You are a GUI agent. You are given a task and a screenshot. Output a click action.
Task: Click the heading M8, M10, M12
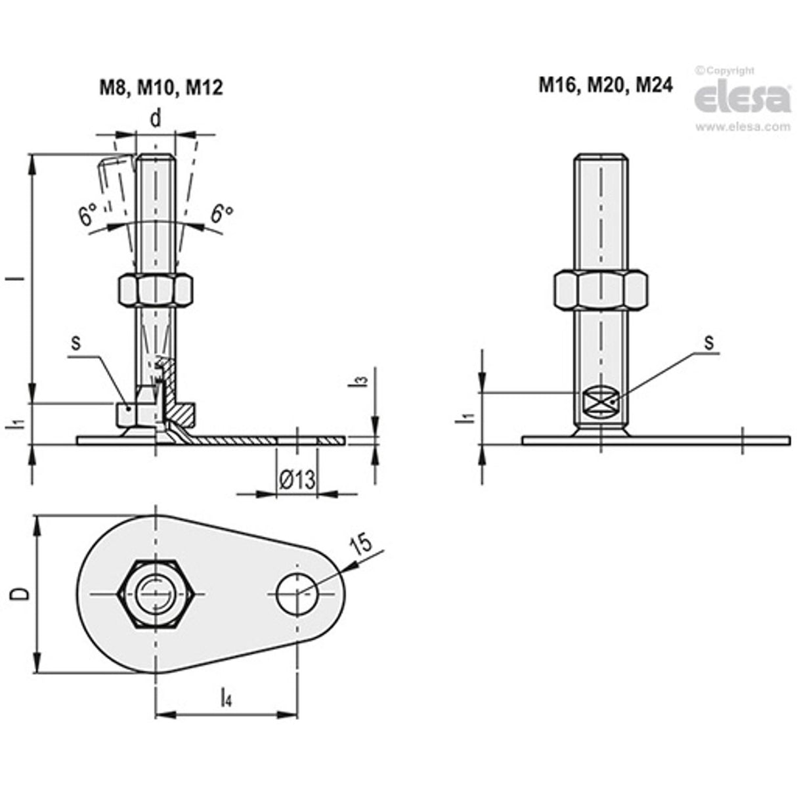point(161,87)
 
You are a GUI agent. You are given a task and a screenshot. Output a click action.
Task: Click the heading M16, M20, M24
point(605,85)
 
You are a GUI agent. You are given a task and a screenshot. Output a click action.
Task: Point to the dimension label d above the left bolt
point(156,118)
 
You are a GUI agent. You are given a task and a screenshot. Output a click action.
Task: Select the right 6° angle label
point(223,213)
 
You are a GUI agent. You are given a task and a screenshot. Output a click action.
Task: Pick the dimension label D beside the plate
point(21,593)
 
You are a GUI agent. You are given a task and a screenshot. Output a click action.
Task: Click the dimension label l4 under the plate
point(225,697)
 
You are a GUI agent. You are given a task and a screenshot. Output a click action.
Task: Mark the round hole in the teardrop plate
point(297,593)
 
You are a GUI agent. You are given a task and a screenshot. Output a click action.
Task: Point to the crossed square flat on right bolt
point(599,401)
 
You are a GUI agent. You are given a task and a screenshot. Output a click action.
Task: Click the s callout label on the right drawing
point(708,342)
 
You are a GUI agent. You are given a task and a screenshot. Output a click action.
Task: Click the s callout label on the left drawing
point(75,345)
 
